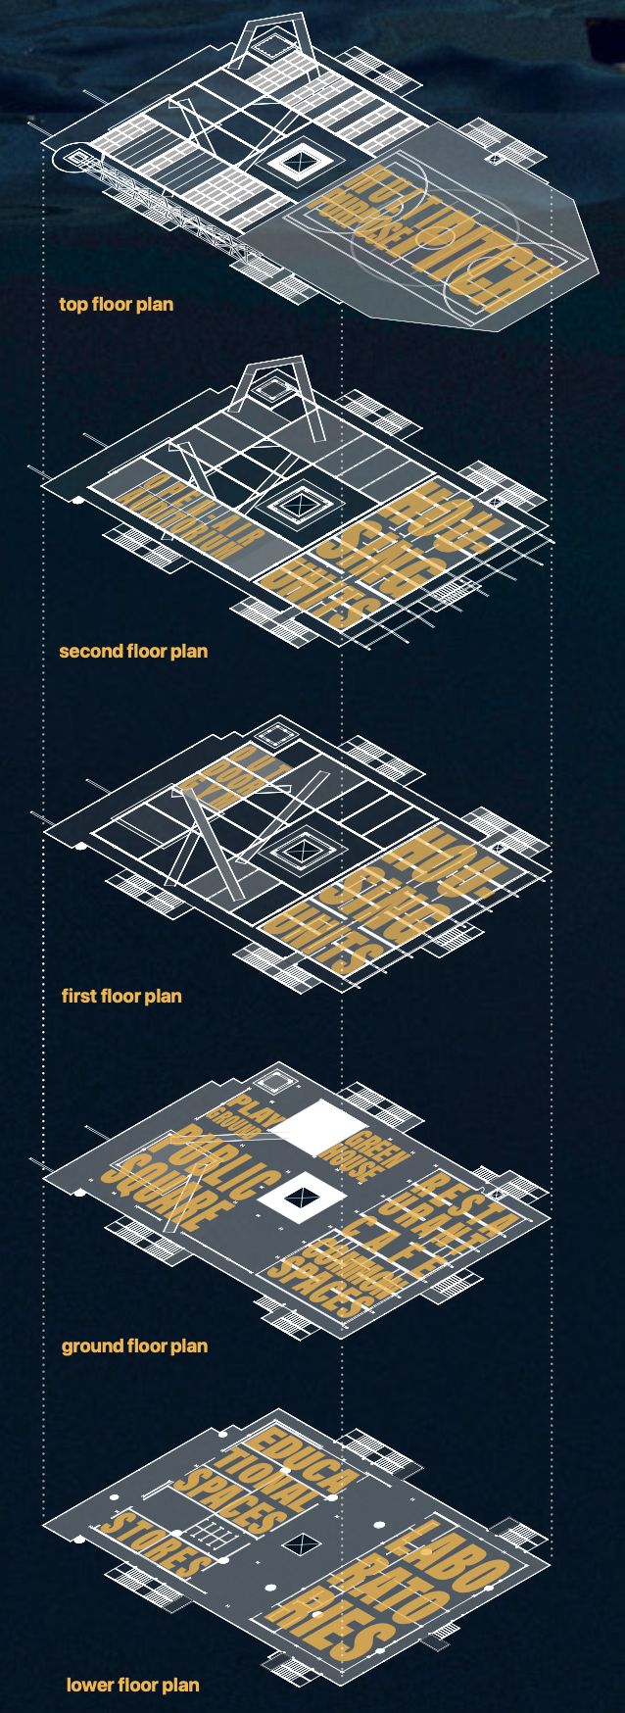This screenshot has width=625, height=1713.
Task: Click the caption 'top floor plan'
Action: click(116, 304)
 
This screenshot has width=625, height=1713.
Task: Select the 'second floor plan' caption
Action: click(133, 651)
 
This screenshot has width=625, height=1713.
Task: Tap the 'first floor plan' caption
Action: click(121, 996)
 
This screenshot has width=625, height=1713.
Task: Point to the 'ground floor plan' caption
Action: click(134, 1346)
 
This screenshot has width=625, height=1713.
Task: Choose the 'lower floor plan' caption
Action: click(132, 1685)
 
